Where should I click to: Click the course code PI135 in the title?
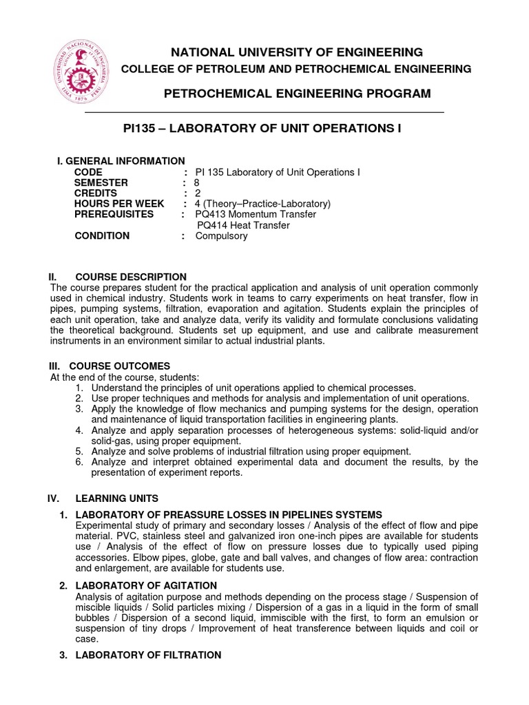(x=137, y=129)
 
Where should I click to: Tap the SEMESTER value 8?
(x=196, y=183)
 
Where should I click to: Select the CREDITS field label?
(x=97, y=193)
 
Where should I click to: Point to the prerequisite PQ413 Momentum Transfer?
(x=256, y=215)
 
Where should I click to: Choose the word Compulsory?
(x=221, y=236)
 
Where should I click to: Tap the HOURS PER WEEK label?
(x=119, y=204)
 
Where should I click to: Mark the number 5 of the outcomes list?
(x=79, y=452)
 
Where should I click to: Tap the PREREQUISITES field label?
(x=114, y=215)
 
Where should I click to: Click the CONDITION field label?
(x=102, y=236)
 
